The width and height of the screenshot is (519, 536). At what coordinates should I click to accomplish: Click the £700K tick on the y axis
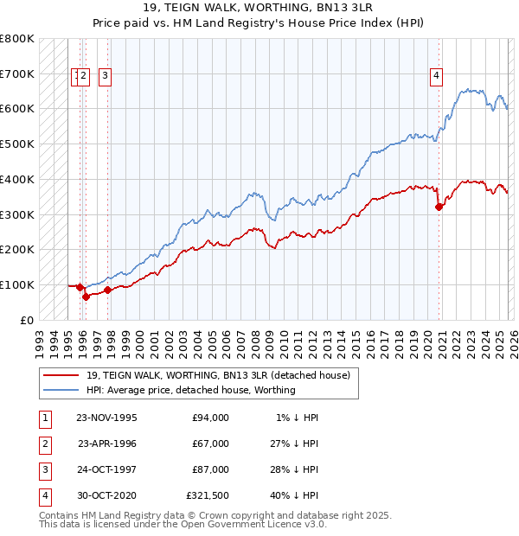pyautogui.click(x=17, y=74)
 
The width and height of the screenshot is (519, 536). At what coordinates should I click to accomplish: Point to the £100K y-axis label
pyautogui.click(x=17, y=284)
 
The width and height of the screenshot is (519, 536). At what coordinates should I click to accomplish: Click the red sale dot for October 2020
pyautogui.click(x=439, y=207)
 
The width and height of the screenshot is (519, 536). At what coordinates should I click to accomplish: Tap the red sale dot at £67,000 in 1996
pyautogui.click(x=86, y=297)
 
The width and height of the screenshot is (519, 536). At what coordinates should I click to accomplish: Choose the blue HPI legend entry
pyautogui.click(x=191, y=390)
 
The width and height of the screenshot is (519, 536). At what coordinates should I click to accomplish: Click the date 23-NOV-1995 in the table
pyautogui.click(x=106, y=418)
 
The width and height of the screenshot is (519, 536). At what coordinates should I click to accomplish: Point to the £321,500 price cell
pyautogui.click(x=207, y=495)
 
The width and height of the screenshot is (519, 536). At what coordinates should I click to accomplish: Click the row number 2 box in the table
pyautogui.click(x=44, y=443)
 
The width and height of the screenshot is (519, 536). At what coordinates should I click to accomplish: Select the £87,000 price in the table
pyautogui.click(x=211, y=469)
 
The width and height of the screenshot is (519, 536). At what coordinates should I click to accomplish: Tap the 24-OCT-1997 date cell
pyautogui.click(x=106, y=469)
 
